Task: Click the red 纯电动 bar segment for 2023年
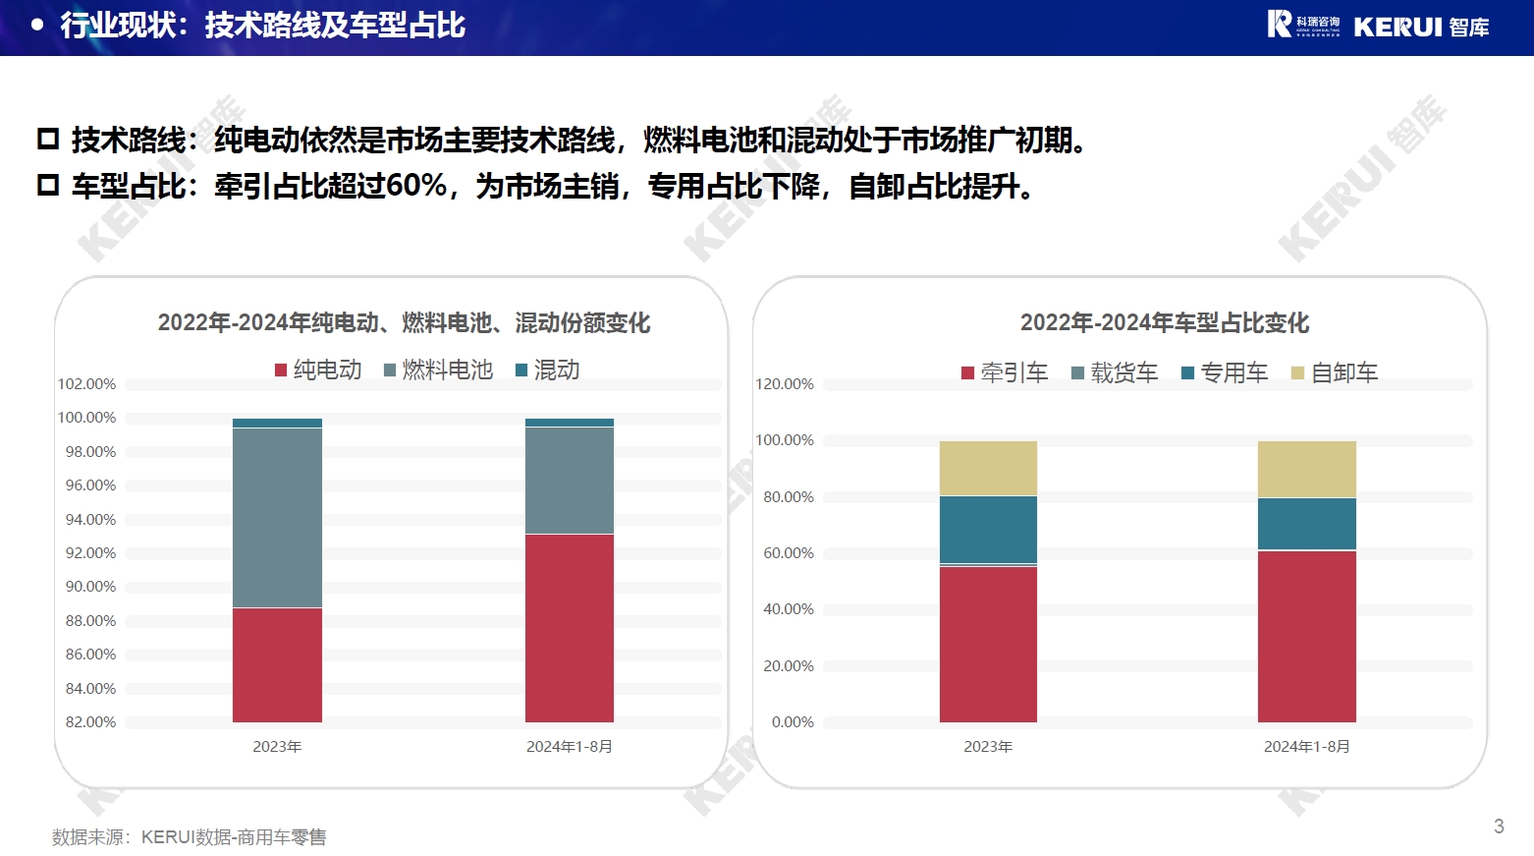[277, 664]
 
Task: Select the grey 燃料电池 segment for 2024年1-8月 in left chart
[570, 481]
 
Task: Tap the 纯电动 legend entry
[318, 370]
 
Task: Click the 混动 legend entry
[548, 370]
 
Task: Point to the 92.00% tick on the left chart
[90, 553]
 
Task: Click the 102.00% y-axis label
[86, 384]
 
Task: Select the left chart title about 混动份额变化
[404, 322]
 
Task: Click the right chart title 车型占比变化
[1164, 322]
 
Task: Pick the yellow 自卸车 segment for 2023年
[988, 468]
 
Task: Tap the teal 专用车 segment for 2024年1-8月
[1306, 524]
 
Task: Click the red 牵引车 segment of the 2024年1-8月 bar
[1306, 636]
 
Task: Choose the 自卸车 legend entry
[1335, 372]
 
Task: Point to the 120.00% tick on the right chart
[784, 384]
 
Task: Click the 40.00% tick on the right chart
[788, 609]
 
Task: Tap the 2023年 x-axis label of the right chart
[988, 747]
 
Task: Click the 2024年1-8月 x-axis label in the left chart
[570, 747]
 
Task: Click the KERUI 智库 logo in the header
[1378, 26]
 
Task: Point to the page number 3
[1499, 827]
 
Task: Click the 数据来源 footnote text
[190, 837]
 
